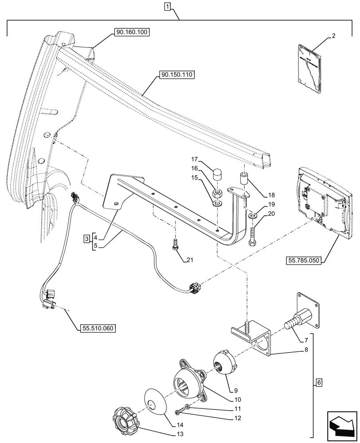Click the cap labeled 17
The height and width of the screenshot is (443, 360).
[217, 173]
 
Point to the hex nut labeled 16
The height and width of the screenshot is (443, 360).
[218, 193]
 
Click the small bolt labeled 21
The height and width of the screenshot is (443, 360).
[176, 244]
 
